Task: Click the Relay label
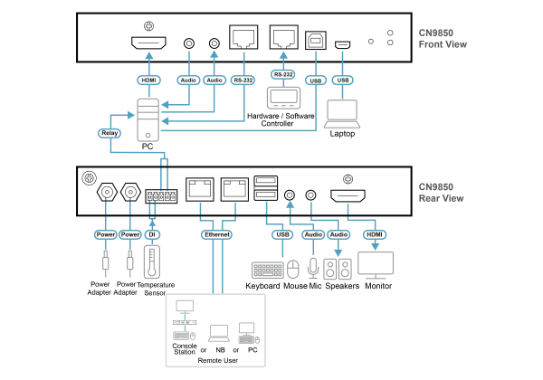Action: tap(110, 133)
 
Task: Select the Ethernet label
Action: tap(216, 234)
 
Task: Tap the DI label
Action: tap(152, 234)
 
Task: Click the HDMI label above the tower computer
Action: tap(148, 80)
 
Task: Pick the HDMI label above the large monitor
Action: tap(375, 234)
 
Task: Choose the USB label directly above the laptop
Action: tap(342, 80)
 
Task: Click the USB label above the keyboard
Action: tap(282, 234)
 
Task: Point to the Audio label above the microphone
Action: tap(313, 234)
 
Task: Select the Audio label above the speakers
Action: tap(338, 234)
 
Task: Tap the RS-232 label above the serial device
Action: tap(282, 74)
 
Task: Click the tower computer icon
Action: tap(148, 119)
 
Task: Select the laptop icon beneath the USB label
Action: tap(342, 114)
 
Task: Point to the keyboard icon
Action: tap(268, 270)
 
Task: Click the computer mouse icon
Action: tap(293, 270)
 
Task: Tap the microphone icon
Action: tap(313, 269)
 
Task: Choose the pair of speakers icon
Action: tap(338, 269)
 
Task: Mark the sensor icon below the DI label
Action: tap(152, 261)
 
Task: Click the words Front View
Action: tap(443, 44)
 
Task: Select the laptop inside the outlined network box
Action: tap(219, 332)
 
